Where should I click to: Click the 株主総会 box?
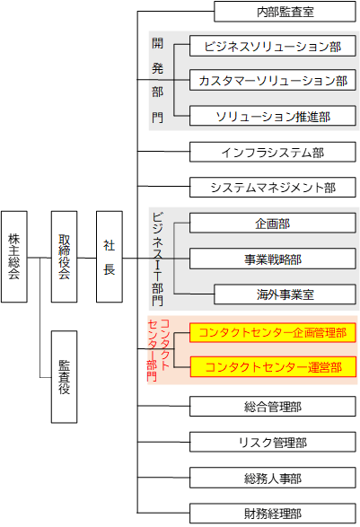click(14, 257)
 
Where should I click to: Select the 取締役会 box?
click(65, 257)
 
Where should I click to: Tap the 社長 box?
click(110, 257)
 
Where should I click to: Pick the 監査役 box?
click(65, 377)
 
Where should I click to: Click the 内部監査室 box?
click(285, 12)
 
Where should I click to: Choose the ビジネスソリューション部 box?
click(273, 46)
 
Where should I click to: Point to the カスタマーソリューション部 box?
click(273, 80)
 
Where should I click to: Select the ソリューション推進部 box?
click(273, 116)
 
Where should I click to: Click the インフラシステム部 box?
click(273, 152)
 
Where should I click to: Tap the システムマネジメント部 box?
click(273, 188)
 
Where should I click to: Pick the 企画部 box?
click(273, 224)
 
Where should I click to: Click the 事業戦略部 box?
click(273, 259)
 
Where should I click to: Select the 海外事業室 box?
click(285, 294)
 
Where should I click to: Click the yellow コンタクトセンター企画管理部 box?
click(273, 333)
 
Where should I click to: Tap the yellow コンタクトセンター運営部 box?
click(273, 367)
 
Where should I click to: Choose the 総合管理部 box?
click(273, 407)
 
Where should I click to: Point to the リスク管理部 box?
click(273, 443)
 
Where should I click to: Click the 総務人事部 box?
click(273, 478)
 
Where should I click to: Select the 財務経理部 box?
click(273, 514)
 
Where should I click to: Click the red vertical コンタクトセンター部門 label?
click(158, 350)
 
